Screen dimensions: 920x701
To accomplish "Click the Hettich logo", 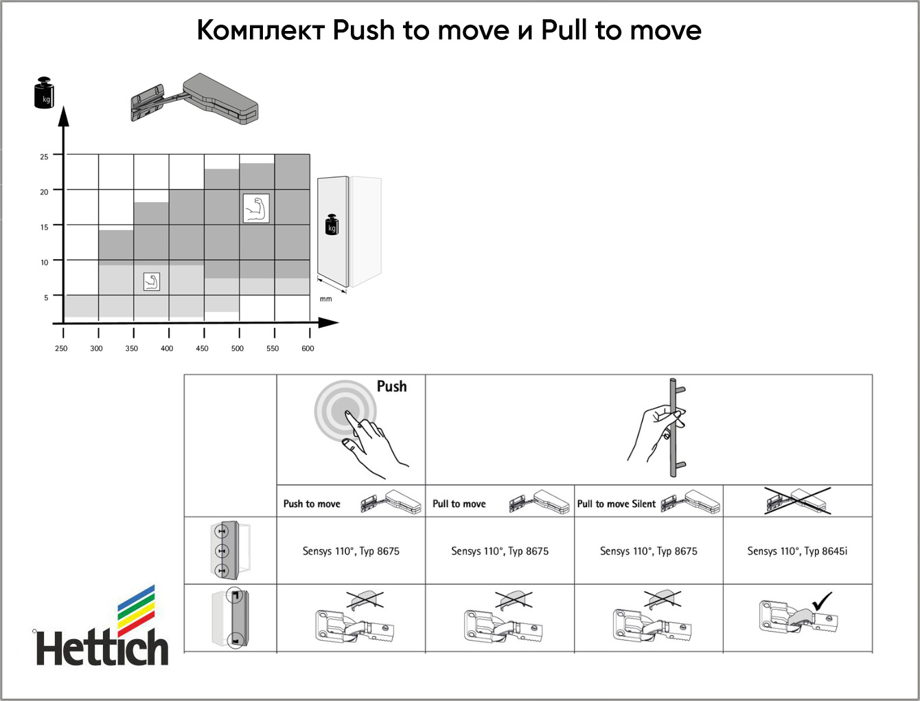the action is pos(102,625).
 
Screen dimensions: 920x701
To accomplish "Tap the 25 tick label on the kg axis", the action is pos(44,157).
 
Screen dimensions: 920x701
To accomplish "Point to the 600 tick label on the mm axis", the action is pos(308,348).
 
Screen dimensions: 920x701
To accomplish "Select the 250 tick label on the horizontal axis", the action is pos(61,348).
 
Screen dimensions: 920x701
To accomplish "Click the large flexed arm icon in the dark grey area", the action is pos(256,208).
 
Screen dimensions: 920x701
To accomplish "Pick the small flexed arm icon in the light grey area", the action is pos(151,282).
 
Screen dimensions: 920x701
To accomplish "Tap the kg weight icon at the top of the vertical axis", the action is pos(44,92).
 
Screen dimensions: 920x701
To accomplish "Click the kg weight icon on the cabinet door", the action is pos(332,225).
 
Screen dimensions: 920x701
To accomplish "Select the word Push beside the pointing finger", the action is pos(391,386).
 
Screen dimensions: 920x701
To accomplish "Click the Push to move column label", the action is pos(312,504).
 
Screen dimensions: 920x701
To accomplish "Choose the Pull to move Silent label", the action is pos(616,504).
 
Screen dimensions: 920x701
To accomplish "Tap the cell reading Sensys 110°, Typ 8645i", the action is pos(797,550).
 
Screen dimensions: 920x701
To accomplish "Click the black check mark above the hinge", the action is pos(822,601).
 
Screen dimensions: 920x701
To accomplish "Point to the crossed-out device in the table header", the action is pos(798,500).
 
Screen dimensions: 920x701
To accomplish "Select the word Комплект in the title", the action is pos(261,30).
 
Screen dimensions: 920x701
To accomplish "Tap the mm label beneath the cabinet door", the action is pos(325,299).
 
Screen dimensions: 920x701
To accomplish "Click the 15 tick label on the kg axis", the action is pos(44,227).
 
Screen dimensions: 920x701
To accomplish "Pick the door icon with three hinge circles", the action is pos(230,550).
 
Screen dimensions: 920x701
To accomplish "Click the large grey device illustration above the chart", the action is pos(194,100).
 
